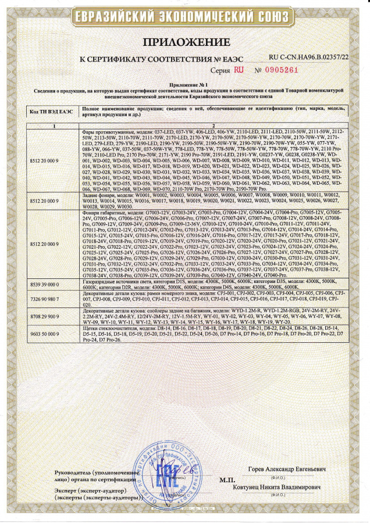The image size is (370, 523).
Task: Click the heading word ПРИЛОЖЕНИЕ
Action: (185, 44)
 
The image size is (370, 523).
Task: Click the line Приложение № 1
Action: (184, 85)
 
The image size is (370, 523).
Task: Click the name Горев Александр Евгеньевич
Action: (294, 468)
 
